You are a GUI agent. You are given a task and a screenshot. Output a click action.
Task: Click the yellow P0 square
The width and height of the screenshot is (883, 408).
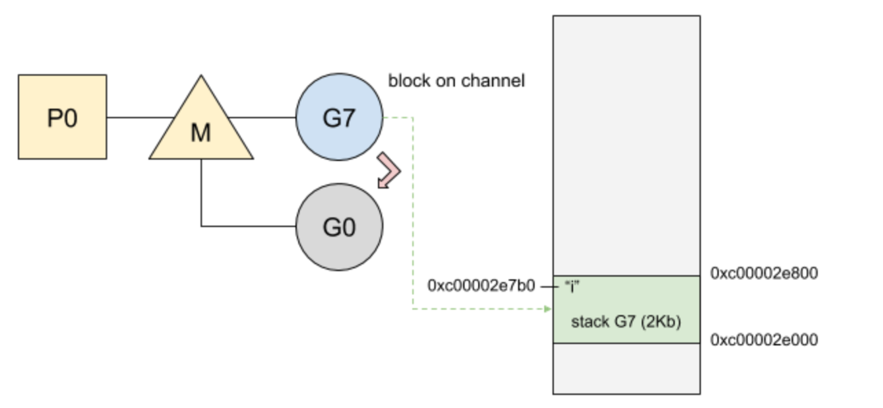tap(62, 118)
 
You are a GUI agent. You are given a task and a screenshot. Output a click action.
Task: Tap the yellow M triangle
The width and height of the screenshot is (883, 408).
tap(201, 126)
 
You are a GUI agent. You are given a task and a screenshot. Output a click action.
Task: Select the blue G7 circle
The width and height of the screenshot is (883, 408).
tap(339, 118)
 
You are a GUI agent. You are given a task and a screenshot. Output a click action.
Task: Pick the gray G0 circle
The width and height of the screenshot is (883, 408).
tap(339, 227)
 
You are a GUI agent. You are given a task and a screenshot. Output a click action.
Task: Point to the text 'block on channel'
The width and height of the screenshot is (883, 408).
tap(456, 81)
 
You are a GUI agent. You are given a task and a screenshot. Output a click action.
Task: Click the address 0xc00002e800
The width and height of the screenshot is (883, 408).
tap(764, 273)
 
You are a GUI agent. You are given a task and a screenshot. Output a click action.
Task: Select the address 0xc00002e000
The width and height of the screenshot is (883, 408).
tap(764, 340)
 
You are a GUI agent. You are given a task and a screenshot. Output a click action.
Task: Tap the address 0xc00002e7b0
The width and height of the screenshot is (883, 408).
tap(481, 286)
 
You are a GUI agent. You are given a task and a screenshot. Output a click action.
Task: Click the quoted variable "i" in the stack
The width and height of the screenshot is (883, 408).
tap(572, 286)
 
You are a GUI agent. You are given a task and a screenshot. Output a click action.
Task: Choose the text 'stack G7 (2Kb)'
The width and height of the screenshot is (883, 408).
tap(626, 322)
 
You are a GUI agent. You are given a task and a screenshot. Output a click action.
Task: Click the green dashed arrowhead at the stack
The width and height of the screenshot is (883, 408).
tap(548, 309)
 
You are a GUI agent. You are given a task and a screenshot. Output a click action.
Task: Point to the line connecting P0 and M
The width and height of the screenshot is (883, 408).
tap(140, 118)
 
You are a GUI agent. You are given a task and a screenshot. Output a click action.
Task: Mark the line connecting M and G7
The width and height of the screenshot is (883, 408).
tap(262, 118)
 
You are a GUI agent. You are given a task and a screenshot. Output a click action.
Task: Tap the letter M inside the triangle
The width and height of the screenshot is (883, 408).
tap(200, 133)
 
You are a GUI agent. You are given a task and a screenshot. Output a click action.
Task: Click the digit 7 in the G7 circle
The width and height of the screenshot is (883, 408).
tap(348, 118)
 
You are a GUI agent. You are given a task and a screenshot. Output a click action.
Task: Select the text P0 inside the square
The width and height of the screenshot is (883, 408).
tap(62, 118)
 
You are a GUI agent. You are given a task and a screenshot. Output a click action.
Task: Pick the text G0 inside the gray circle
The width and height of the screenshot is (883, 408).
tap(339, 228)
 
